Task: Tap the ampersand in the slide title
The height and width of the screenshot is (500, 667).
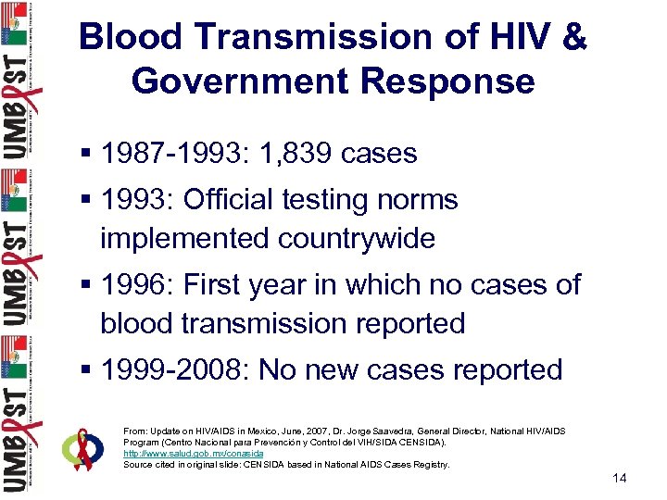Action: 573,38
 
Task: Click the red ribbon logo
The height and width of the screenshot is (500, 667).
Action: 84,448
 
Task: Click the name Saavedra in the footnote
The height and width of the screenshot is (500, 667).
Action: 423,431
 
